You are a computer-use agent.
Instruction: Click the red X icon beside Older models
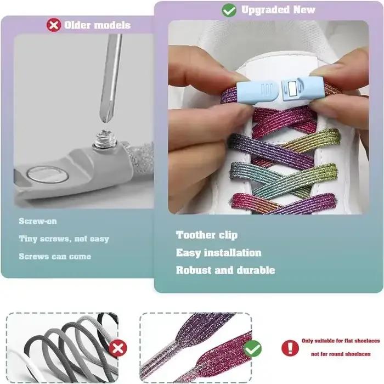[54, 25]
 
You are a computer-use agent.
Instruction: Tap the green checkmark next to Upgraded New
[229, 10]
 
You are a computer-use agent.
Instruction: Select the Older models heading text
[97, 25]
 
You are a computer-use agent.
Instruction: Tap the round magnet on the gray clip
[47, 174]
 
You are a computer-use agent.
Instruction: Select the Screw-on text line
[38, 221]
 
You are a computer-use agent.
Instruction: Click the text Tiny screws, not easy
[64, 239]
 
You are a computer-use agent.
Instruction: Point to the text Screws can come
[55, 256]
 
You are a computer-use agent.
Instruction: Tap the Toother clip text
[207, 235]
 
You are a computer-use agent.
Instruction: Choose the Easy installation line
[218, 253]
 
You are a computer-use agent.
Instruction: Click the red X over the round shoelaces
[118, 348]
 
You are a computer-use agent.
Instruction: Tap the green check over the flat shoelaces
[252, 348]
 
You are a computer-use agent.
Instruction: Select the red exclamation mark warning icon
[290, 348]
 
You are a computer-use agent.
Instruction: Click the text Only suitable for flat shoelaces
[341, 341]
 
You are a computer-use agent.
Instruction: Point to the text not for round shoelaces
[341, 354]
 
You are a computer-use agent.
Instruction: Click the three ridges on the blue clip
[267, 89]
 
